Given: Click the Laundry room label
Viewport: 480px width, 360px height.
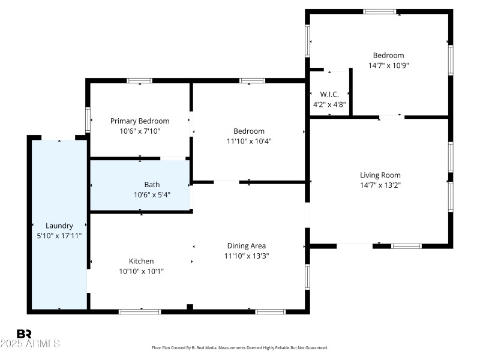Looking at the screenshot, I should click(59, 226).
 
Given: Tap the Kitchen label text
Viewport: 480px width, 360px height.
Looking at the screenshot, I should click(142, 261).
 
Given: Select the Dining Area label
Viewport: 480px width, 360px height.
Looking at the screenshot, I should click(247, 245).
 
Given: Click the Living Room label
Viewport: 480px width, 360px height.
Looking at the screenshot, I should click(380, 175).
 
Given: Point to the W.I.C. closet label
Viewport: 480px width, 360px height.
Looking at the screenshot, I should click(329, 94).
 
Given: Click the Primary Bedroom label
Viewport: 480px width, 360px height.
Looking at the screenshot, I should click(140, 121).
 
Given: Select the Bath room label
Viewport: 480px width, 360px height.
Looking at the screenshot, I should click(152, 185).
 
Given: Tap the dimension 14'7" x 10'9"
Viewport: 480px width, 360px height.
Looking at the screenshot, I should click(388, 65).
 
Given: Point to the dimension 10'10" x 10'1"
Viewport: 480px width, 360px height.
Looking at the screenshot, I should click(142, 271).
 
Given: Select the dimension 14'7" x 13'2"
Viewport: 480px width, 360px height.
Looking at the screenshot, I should click(380, 185).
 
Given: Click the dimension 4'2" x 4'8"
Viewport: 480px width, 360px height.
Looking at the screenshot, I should click(329, 104).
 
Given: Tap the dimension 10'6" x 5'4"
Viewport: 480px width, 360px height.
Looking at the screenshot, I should click(152, 194).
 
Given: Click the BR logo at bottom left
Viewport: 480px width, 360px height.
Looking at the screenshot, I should click(24, 333).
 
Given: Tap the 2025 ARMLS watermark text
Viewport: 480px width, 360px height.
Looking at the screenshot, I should click(30, 344).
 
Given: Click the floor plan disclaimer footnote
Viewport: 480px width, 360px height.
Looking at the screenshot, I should click(240, 347).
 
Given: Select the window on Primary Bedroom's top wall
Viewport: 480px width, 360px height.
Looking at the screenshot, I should click(139, 80).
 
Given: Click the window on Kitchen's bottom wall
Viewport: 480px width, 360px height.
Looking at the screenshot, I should click(139, 311).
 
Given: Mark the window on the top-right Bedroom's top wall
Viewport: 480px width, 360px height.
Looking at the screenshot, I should click(380, 11).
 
